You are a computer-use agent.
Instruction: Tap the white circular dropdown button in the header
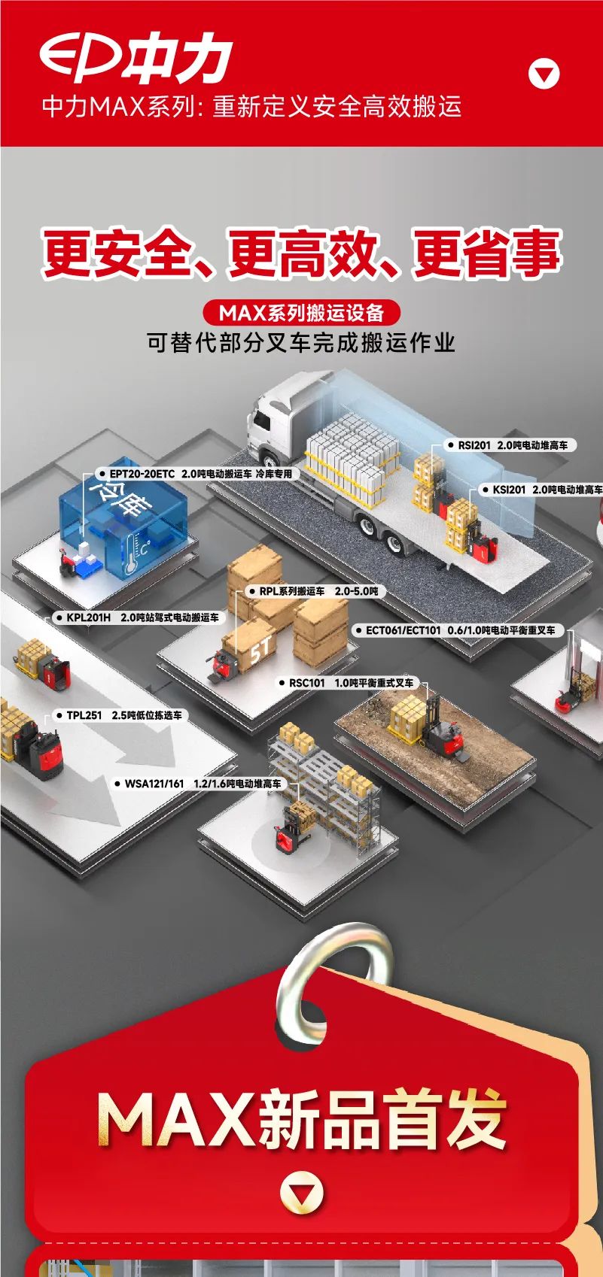point(544,74)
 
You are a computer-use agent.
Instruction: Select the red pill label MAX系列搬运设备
point(301,311)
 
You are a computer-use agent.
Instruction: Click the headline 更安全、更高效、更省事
point(301,253)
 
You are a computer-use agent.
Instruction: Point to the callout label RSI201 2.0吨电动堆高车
point(512,445)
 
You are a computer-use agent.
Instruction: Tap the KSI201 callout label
point(547,490)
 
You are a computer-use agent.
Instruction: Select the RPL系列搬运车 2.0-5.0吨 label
point(318,591)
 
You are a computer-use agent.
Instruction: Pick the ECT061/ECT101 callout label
point(459,630)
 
